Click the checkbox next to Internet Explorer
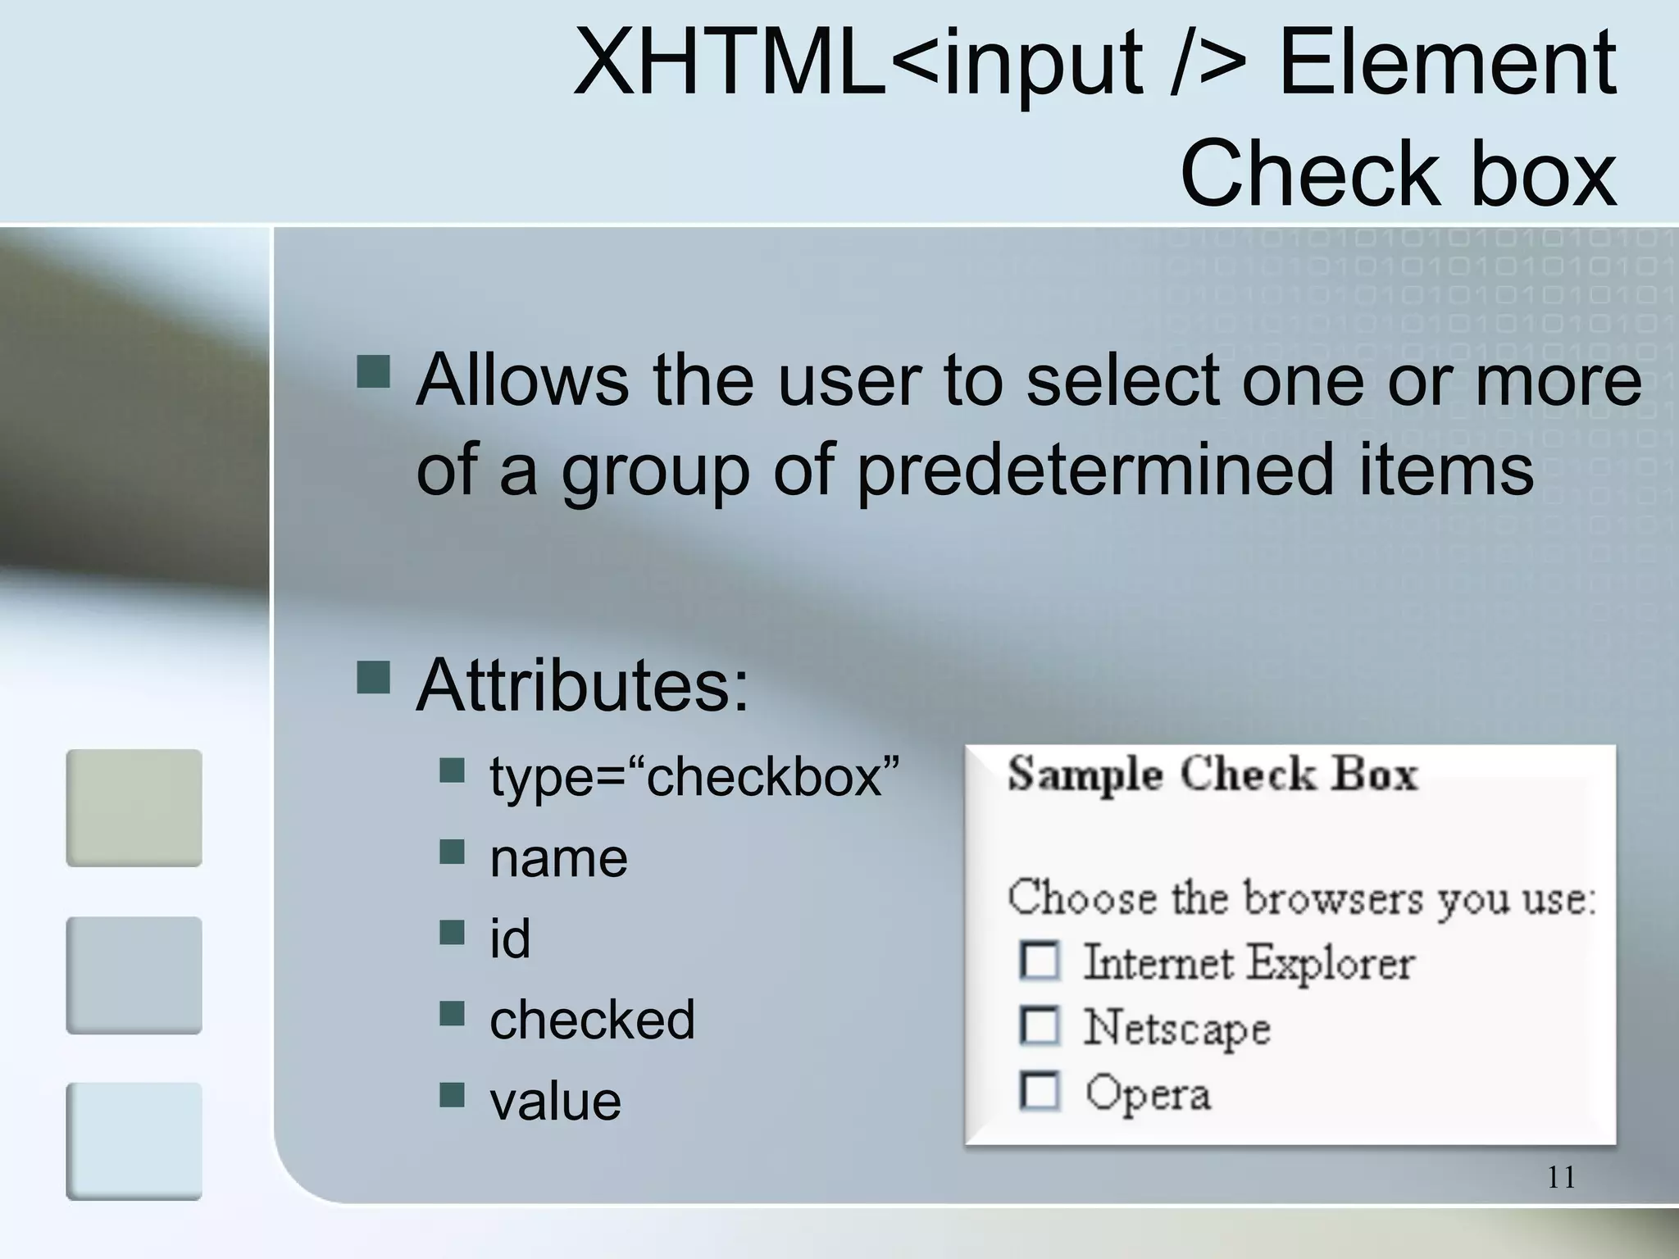point(1040,961)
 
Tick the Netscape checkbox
point(1040,1026)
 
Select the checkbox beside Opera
point(1040,1092)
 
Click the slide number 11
point(1561,1178)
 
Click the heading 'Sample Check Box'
point(1212,775)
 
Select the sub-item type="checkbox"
point(694,775)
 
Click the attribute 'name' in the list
point(558,858)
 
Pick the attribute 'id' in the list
point(510,939)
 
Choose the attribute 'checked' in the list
point(592,1020)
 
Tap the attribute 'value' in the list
point(555,1100)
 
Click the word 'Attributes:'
point(582,684)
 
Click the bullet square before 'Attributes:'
point(373,677)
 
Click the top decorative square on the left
point(134,807)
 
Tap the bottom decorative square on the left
point(134,1141)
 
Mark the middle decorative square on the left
point(134,975)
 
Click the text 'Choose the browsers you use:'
point(1302,898)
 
